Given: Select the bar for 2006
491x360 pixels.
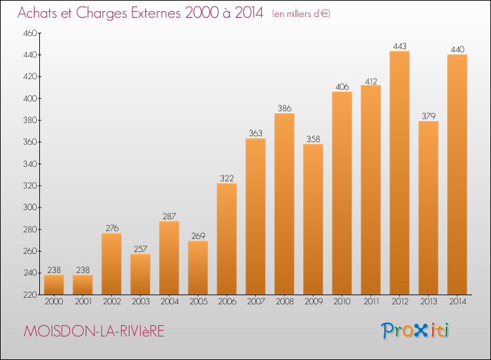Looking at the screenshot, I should [227, 239].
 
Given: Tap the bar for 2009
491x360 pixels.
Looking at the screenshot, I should [313, 219].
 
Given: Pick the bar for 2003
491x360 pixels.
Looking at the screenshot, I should [140, 274].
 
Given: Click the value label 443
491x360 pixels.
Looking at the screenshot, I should [399, 46].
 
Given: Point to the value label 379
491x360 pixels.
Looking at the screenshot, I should [428, 117].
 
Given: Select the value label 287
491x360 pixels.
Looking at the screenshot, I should [169, 217].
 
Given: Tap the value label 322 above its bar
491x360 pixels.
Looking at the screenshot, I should [227, 179].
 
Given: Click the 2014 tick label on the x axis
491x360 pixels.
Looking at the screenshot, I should [457, 302].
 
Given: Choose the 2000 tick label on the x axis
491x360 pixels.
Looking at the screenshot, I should [54, 302].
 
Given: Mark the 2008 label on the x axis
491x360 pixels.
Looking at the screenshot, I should [284, 302].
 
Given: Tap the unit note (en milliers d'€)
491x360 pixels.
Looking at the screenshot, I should [302, 14].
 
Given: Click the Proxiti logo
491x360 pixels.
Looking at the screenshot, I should [415, 331].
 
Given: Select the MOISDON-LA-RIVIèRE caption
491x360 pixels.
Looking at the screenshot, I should [94, 332].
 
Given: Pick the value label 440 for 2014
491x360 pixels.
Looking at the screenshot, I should [457, 50].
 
